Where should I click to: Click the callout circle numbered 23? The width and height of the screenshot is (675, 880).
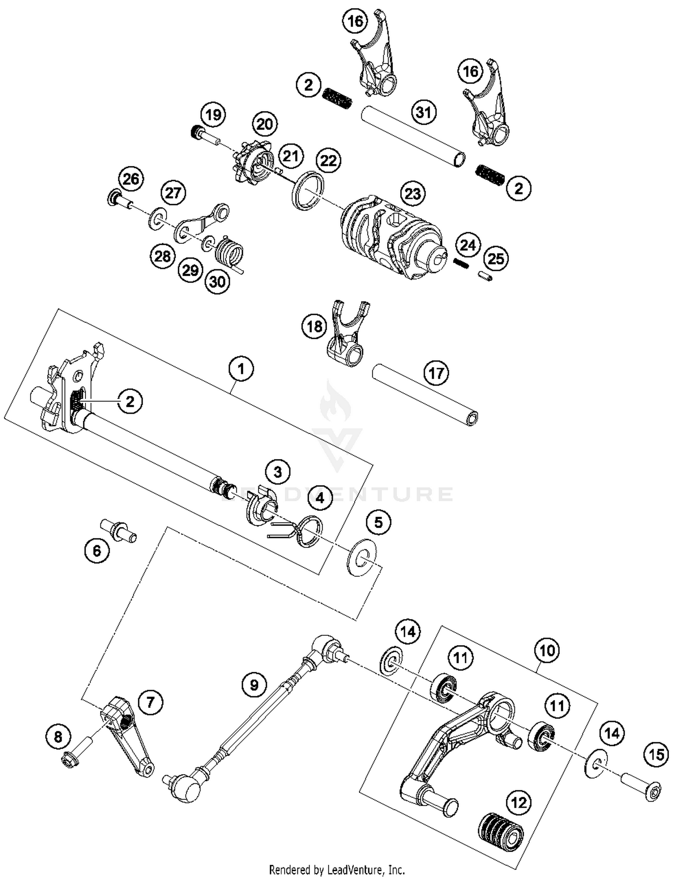[x=413, y=193]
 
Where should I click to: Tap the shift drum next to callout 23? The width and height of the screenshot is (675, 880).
[x=391, y=236]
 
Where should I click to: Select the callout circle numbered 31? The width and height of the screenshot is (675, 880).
[x=423, y=112]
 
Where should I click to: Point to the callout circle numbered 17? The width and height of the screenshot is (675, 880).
[x=436, y=373]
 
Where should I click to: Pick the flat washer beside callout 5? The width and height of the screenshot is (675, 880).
[x=361, y=557]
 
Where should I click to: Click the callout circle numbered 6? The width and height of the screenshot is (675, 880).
[x=97, y=550]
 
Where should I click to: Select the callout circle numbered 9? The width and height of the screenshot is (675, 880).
[x=254, y=685]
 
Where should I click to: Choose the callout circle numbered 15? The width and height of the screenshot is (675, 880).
[x=656, y=754]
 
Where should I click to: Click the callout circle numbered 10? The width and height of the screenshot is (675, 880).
[x=547, y=651]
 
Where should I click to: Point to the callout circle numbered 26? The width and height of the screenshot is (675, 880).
[x=131, y=179]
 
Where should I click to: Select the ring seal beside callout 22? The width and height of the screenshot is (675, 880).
[x=307, y=190]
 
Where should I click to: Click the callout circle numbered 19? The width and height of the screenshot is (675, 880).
[x=213, y=115]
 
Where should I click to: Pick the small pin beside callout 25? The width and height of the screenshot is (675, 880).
[x=485, y=275]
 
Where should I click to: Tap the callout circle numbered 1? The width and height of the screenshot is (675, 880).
[x=241, y=369]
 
